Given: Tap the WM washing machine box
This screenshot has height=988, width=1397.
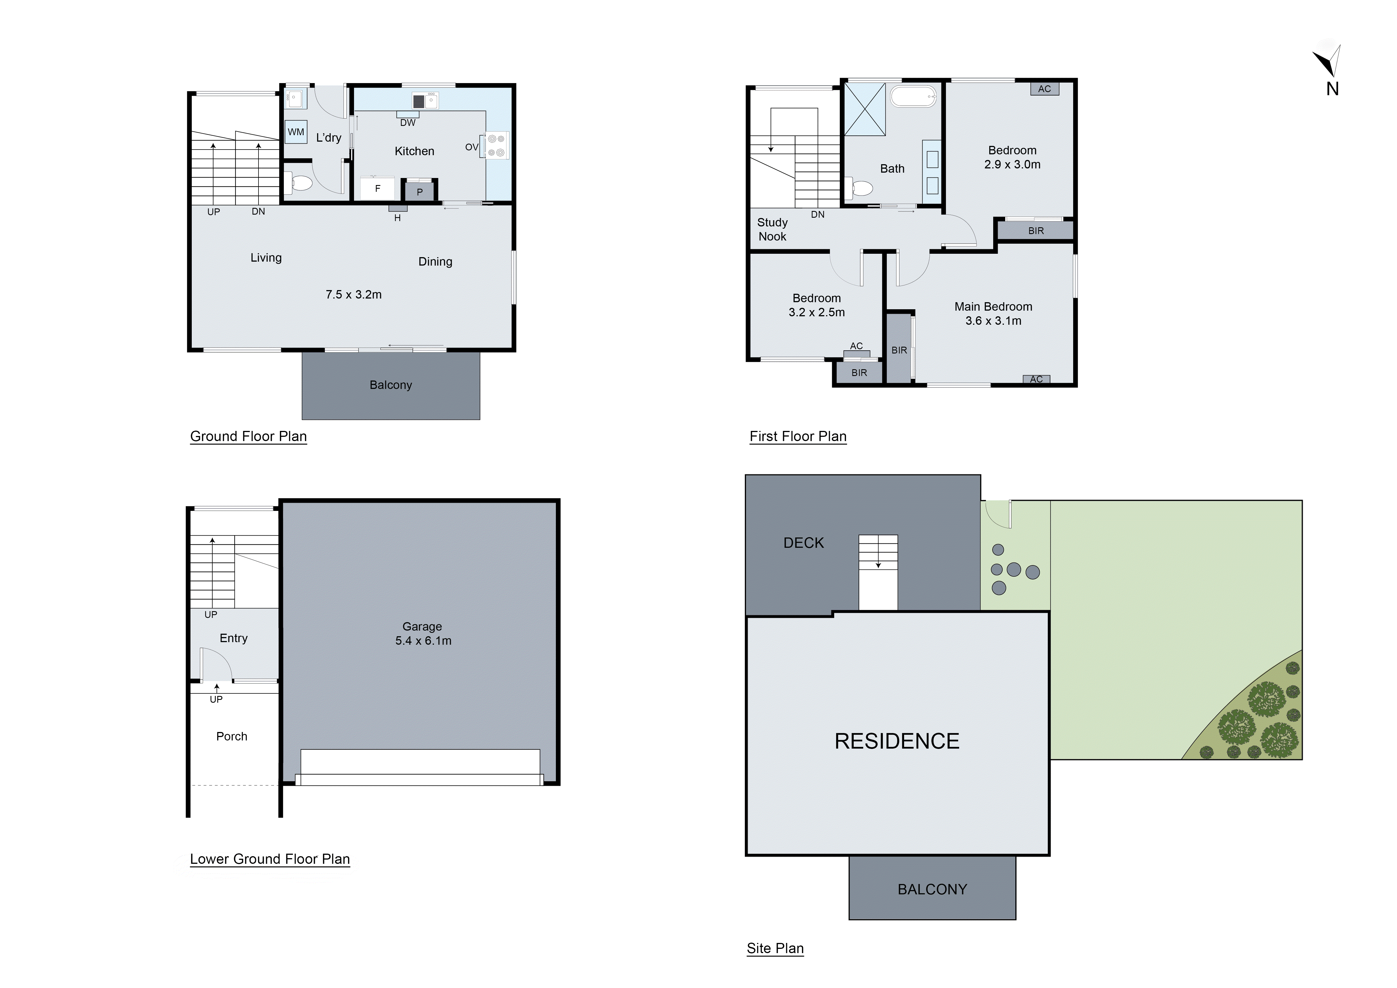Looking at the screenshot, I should coord(296,132).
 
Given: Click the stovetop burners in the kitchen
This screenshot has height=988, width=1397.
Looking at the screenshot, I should coord(496,146).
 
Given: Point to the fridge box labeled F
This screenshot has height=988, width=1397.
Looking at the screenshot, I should coord(377,189).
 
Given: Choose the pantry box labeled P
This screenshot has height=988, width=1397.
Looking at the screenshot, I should coord(419,192).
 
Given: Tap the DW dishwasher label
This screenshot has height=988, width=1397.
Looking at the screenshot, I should coord(408,123).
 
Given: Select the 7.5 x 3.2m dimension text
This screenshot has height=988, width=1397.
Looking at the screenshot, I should coord(353,294).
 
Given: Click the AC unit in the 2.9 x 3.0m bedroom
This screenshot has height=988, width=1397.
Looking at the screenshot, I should coord(1044,89).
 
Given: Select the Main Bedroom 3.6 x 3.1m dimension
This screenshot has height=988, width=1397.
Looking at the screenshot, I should coord(993,321).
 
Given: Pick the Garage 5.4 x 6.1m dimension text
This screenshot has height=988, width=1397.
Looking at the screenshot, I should coord(423,641).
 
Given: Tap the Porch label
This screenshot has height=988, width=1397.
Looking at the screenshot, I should coord(232,736).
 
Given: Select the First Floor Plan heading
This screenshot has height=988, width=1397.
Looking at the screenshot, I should coord(798,436).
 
